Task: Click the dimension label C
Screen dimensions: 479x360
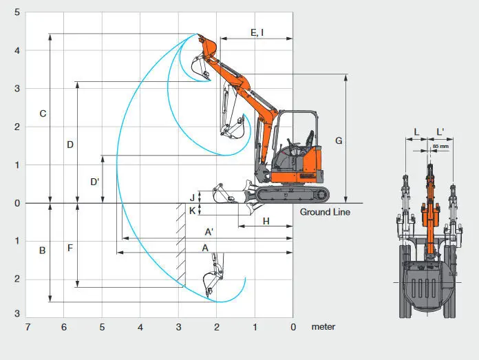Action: click(x=43, y=114)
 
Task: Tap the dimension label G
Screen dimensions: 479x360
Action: click(x=339, y=140)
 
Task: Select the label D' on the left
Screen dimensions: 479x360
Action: click(x=95, y=182)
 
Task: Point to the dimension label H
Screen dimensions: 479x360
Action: click(x=266, y=221)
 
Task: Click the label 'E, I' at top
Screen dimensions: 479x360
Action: click(x=257, y=32)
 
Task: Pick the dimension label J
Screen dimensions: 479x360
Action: click(x=192, y=198)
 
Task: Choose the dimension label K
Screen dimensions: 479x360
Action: click(x=192, y=211)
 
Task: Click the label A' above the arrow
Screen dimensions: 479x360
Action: click(x=209, y=232)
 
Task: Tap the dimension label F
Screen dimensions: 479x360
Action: click(x=70, y=248)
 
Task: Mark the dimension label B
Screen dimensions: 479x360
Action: click(x=43, y=251)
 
